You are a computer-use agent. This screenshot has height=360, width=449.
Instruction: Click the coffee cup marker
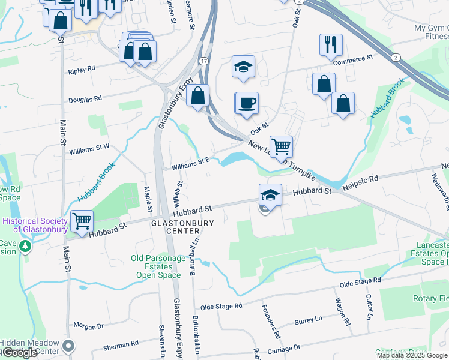246,103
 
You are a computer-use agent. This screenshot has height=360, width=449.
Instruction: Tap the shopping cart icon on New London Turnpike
280,146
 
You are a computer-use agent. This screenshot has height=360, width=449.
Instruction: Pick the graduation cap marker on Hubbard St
270,194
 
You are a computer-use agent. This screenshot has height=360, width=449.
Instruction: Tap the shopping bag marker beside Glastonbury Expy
197,95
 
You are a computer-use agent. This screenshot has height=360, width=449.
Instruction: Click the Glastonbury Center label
182,227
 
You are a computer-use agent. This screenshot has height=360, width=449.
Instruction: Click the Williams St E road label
190,161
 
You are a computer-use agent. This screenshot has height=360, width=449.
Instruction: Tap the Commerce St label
353,59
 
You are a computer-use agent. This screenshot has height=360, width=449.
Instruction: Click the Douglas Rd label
85,98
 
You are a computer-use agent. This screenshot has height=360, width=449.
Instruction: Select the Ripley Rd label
82,70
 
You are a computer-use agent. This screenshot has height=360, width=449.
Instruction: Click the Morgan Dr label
88,326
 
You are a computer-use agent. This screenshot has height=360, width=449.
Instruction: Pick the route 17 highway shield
204,61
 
